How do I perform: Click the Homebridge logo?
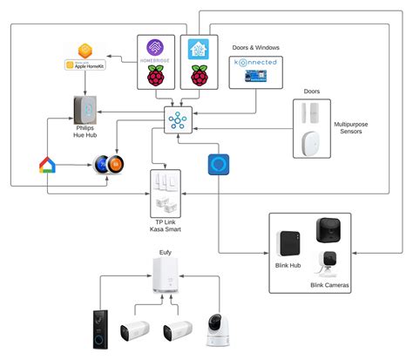pos(154,51)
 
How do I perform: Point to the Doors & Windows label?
pos(254,48)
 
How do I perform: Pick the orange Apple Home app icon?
pos(85,50)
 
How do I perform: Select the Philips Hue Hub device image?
pos(85,112)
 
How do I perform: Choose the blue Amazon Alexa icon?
pos(218,166)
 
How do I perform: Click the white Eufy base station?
pos(165,276)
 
